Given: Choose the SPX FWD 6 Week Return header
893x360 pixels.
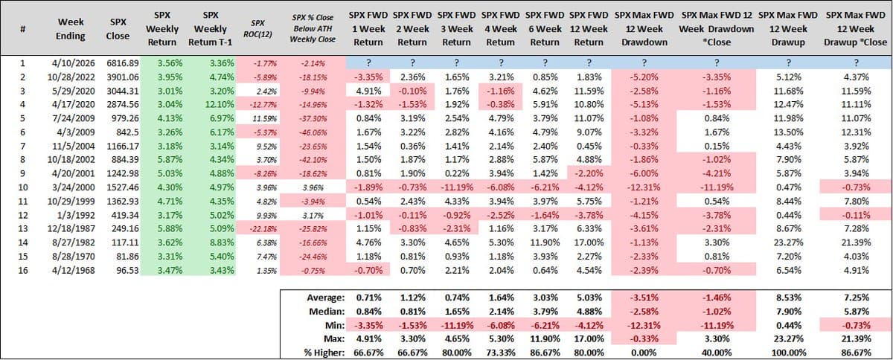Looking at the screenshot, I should (x=545, y=29).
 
